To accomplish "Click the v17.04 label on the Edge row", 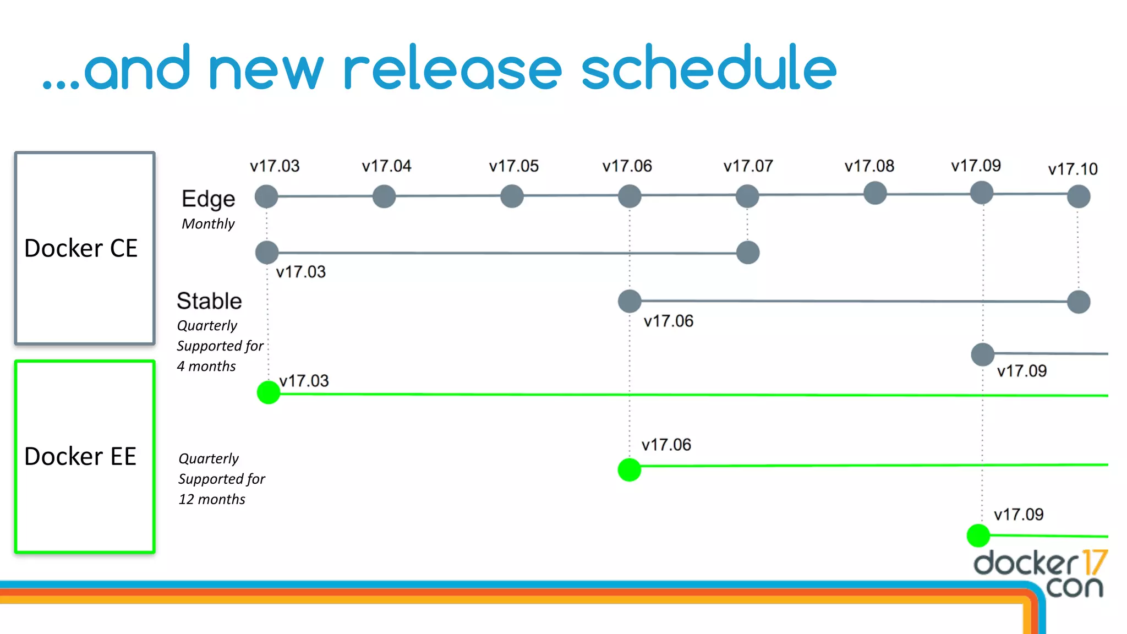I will click(x=386, y=166).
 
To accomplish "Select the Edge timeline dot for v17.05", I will click(x=512, y=196).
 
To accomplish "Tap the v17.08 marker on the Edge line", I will click(x=875, y=193).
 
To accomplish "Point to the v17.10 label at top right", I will click(x=1073, y=169).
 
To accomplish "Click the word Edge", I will click(x=208, y=199).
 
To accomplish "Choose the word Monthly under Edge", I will click(x=208, y=223).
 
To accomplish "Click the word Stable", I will click(x=209, y=301).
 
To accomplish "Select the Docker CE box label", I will click(x=81, y=248).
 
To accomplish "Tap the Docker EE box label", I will click(x=80, y=456).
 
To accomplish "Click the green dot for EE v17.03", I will click(x=269, y=392).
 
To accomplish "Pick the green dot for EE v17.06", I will click(x=630, y=469).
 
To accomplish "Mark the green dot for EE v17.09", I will click(x=978, y=535).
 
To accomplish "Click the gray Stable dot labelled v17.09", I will click(x=983, y=354).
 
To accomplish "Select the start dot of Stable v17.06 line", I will click(x=630, y=301).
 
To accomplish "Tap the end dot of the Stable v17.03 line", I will click(x=748, y=253).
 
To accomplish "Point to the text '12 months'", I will click(x=212, y=499).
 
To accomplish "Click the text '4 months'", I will click(x=206, y=366).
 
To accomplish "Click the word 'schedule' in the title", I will click(x=709, y=68).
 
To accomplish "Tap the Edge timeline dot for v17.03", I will click(x=266, y=196).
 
